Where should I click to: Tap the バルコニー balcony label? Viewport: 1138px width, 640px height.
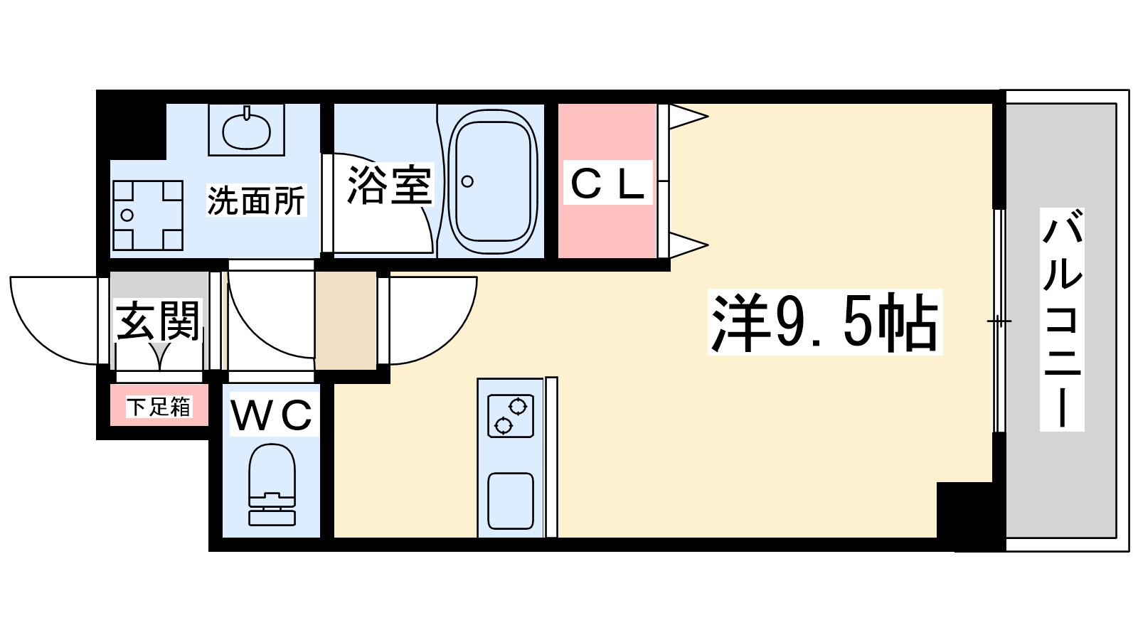point(1062,319)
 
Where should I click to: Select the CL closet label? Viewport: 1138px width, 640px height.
point(608,183)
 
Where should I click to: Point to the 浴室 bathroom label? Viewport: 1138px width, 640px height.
point(389,186)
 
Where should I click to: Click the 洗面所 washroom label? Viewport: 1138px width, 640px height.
point(256,201)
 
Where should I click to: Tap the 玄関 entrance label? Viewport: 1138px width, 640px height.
point(158,321)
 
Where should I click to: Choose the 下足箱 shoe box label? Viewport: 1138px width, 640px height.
point(159,407)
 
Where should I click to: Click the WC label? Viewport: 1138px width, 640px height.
point(272,416)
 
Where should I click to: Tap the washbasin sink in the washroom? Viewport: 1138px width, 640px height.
point(246,129)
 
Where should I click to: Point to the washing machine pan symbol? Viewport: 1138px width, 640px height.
point(147,215)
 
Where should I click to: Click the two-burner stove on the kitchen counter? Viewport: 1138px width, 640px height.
point(511,415)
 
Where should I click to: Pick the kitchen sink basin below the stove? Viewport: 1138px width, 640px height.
point(511,501)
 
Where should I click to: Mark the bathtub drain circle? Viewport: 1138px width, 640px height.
point(467,181)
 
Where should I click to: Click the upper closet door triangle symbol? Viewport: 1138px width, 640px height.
point(686,117)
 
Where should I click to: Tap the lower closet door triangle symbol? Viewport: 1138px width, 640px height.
point(686,245)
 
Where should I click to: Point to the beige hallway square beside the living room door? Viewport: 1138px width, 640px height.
point(346,320)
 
